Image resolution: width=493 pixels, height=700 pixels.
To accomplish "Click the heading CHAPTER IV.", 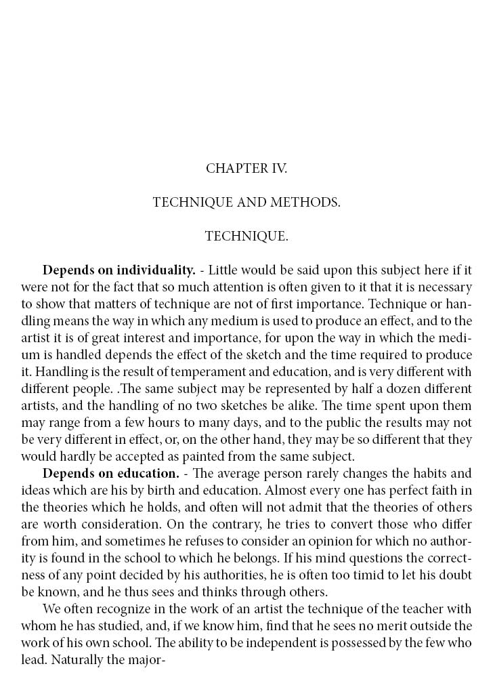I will tap(246, 169).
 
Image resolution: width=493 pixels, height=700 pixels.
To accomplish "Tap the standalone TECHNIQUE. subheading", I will tap(246, 236).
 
